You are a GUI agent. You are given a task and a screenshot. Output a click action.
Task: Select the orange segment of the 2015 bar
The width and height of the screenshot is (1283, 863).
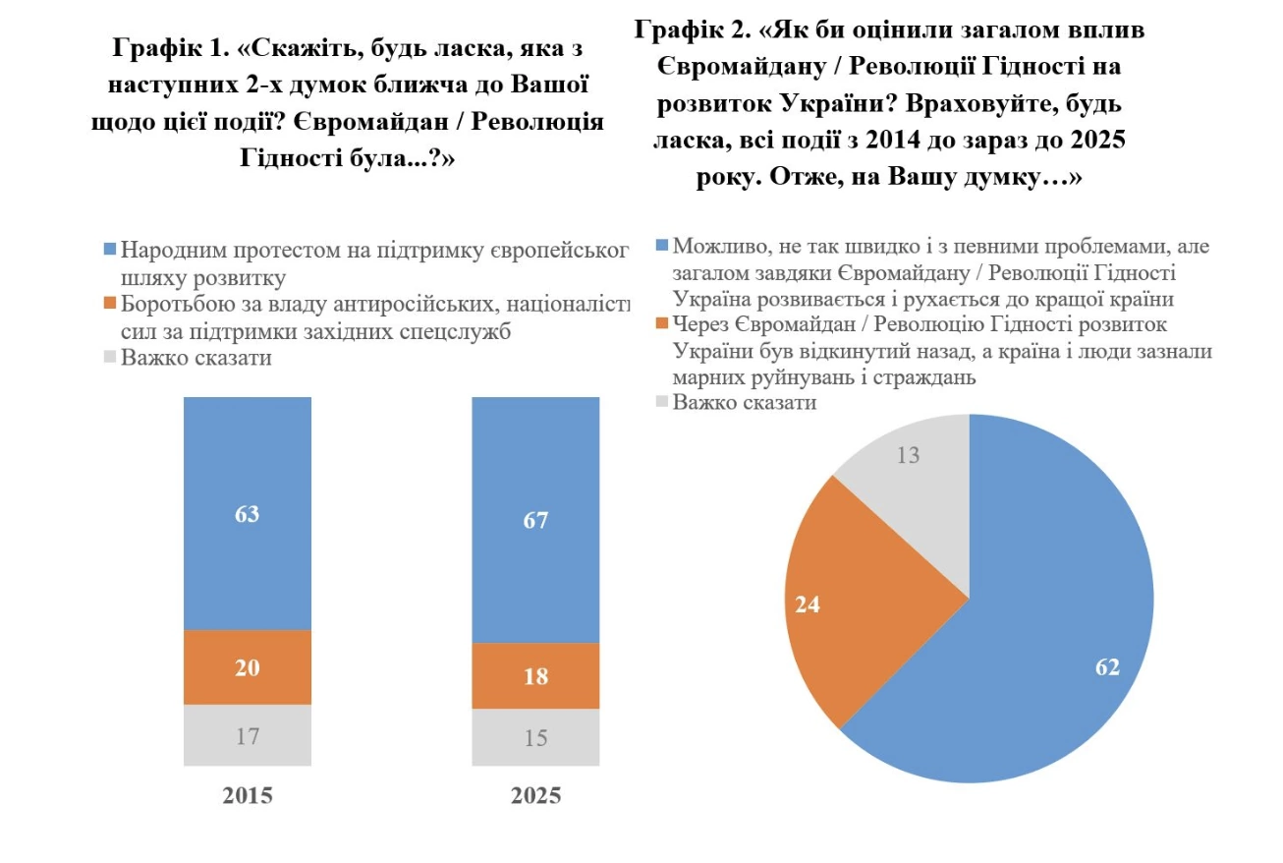pos(247,667)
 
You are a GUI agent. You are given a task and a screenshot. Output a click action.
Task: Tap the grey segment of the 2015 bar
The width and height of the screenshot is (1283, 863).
pos(247,734)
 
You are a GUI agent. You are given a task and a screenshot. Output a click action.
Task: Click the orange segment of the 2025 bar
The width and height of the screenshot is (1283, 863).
pos(535,676)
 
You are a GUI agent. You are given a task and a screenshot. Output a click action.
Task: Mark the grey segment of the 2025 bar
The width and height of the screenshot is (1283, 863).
pos(535,737)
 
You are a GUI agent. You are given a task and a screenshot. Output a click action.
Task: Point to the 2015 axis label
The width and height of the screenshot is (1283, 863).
pos(247,795)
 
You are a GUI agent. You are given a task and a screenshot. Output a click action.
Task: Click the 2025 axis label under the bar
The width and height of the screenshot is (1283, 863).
pos(535,795)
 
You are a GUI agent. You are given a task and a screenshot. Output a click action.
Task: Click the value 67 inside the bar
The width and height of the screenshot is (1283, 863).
pos(535,520)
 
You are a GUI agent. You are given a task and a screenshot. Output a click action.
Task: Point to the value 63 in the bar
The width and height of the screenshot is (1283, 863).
pos(247,514)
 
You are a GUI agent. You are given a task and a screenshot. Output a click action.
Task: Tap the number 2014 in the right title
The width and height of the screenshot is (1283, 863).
pos(897,141)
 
